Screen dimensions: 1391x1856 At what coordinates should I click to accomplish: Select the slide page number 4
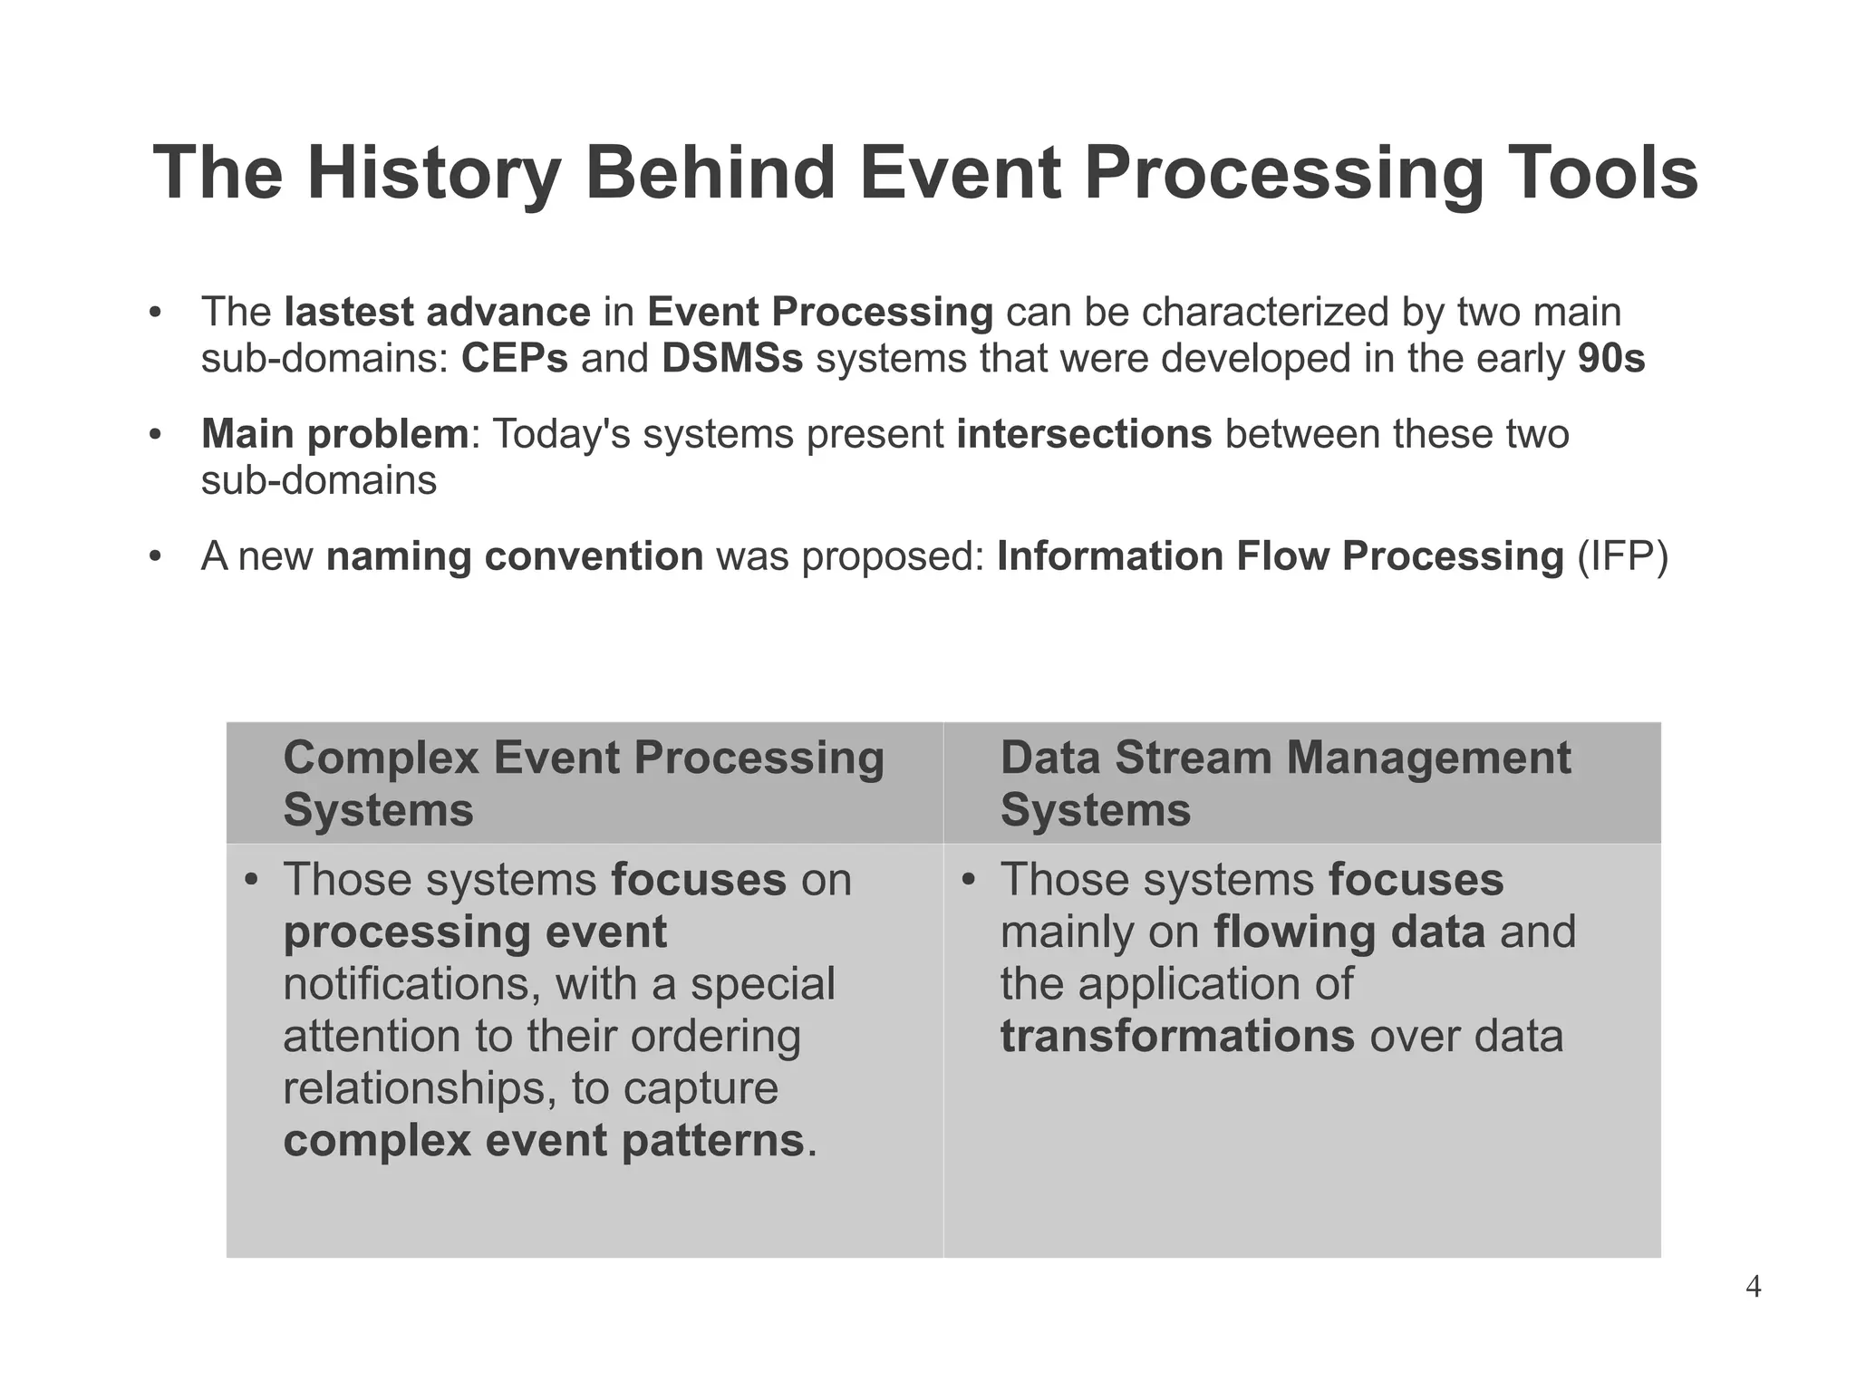pyautogui.click(x=1753, y=1287)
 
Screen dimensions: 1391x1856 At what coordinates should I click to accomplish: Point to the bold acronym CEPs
pyautogui.click(x=514, y=359)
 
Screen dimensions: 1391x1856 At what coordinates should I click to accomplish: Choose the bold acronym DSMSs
pyautogui.click(x=731, y=359)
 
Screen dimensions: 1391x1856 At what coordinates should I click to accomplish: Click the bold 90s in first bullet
pyautogui.click(x=1610, y=359)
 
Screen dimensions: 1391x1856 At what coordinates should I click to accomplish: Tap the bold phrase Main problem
pyautogui.click(x=334, y=434)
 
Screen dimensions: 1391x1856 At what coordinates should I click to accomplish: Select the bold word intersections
pyautogui.click(x=1084, y=434)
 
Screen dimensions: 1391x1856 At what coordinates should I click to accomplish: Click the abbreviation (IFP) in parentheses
pyautogui.click(x=1622, y=556)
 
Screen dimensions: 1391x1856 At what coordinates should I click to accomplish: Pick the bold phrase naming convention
pyautogui.click(x=514, y=556)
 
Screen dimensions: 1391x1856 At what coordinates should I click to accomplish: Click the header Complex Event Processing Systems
pyautogui.click(x=583, y=783)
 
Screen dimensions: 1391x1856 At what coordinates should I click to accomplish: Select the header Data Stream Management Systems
pyautogui.click(x=1284, y=783)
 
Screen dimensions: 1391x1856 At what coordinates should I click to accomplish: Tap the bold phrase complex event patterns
pyautogui.click(x=544, y=1140)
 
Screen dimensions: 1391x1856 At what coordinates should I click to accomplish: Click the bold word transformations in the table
pyautogui.click(x=1176, y=1036)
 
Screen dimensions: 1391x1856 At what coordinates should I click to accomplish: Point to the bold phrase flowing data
pyautogui.click(x=1348, y=932)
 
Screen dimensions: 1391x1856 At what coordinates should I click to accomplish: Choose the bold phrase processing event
pyautogui.click(x=475, y=932)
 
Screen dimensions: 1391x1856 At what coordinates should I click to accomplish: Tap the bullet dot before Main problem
pyautogui.click(x=155, y=435)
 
